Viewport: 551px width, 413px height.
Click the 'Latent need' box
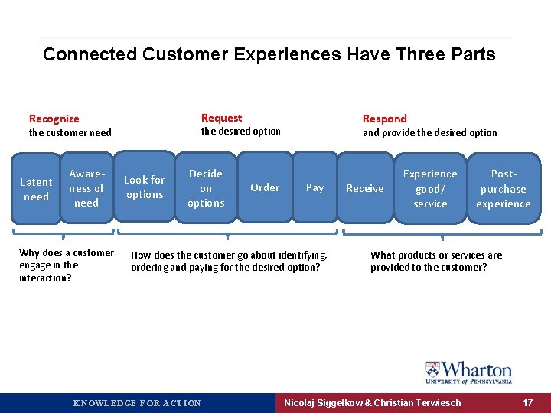(36, 189)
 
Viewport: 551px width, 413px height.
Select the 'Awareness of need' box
(86, 188)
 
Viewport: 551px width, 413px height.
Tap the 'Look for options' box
(145, 187)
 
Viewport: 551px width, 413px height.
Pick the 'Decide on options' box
(206, 188)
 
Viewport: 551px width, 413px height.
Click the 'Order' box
(265, 187)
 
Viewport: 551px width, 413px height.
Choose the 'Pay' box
(315, 187)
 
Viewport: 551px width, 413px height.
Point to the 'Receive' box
(365, 188)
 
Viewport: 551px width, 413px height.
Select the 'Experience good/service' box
(430, 188)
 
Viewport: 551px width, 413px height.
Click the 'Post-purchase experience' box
(503, 189)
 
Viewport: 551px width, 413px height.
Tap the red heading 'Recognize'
(54, 119)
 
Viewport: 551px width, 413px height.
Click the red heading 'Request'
(221, 118)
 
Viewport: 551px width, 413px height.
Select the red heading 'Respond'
(384, 119)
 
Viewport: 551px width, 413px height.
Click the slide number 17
(527, 402)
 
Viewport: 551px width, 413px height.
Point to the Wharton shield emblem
(433, 371)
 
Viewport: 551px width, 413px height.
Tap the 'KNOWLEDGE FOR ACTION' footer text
(137, 403)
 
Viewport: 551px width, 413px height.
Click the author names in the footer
(372, 402)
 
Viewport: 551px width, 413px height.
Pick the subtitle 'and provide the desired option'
(429, 132)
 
